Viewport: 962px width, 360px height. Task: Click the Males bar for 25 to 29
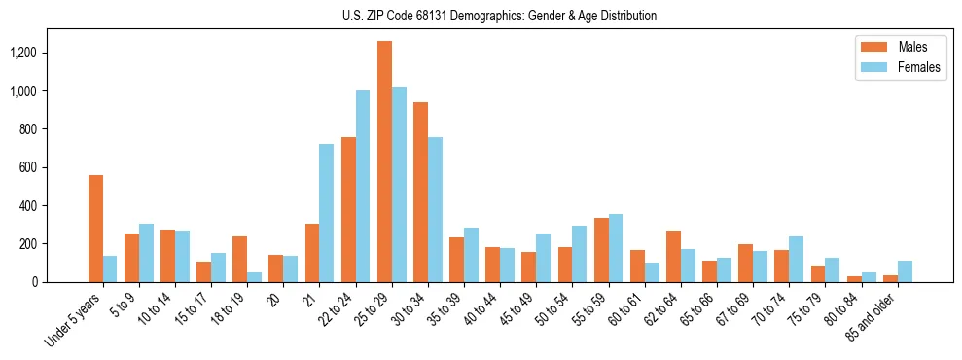tap(384, 162)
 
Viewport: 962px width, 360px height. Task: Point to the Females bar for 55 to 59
tap(615, 248)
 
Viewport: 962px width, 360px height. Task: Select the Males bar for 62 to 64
tap(673, 257)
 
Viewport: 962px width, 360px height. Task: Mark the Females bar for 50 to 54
tap(579, 254)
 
